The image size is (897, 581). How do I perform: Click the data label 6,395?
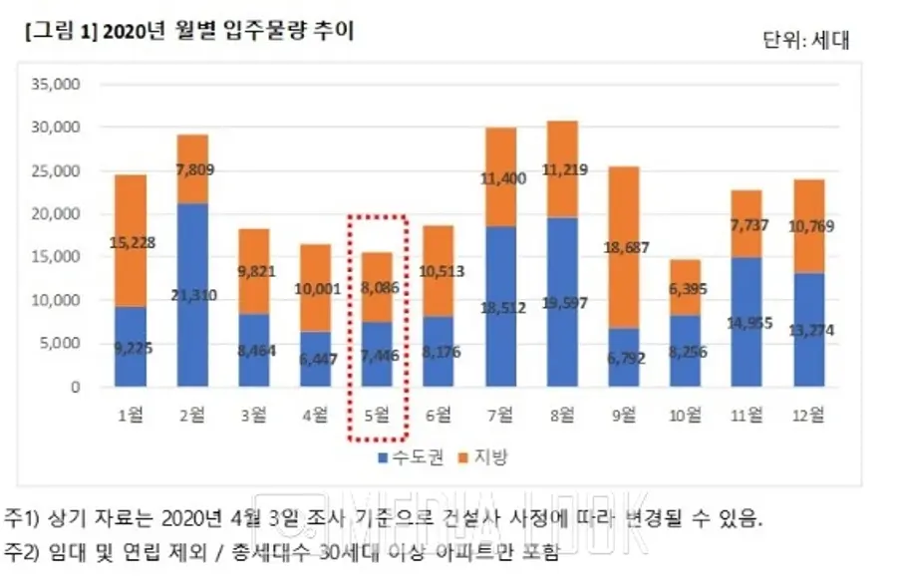686,289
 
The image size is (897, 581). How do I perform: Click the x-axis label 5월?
377,415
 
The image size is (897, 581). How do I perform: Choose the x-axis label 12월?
810,415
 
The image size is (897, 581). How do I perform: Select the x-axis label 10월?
686,415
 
